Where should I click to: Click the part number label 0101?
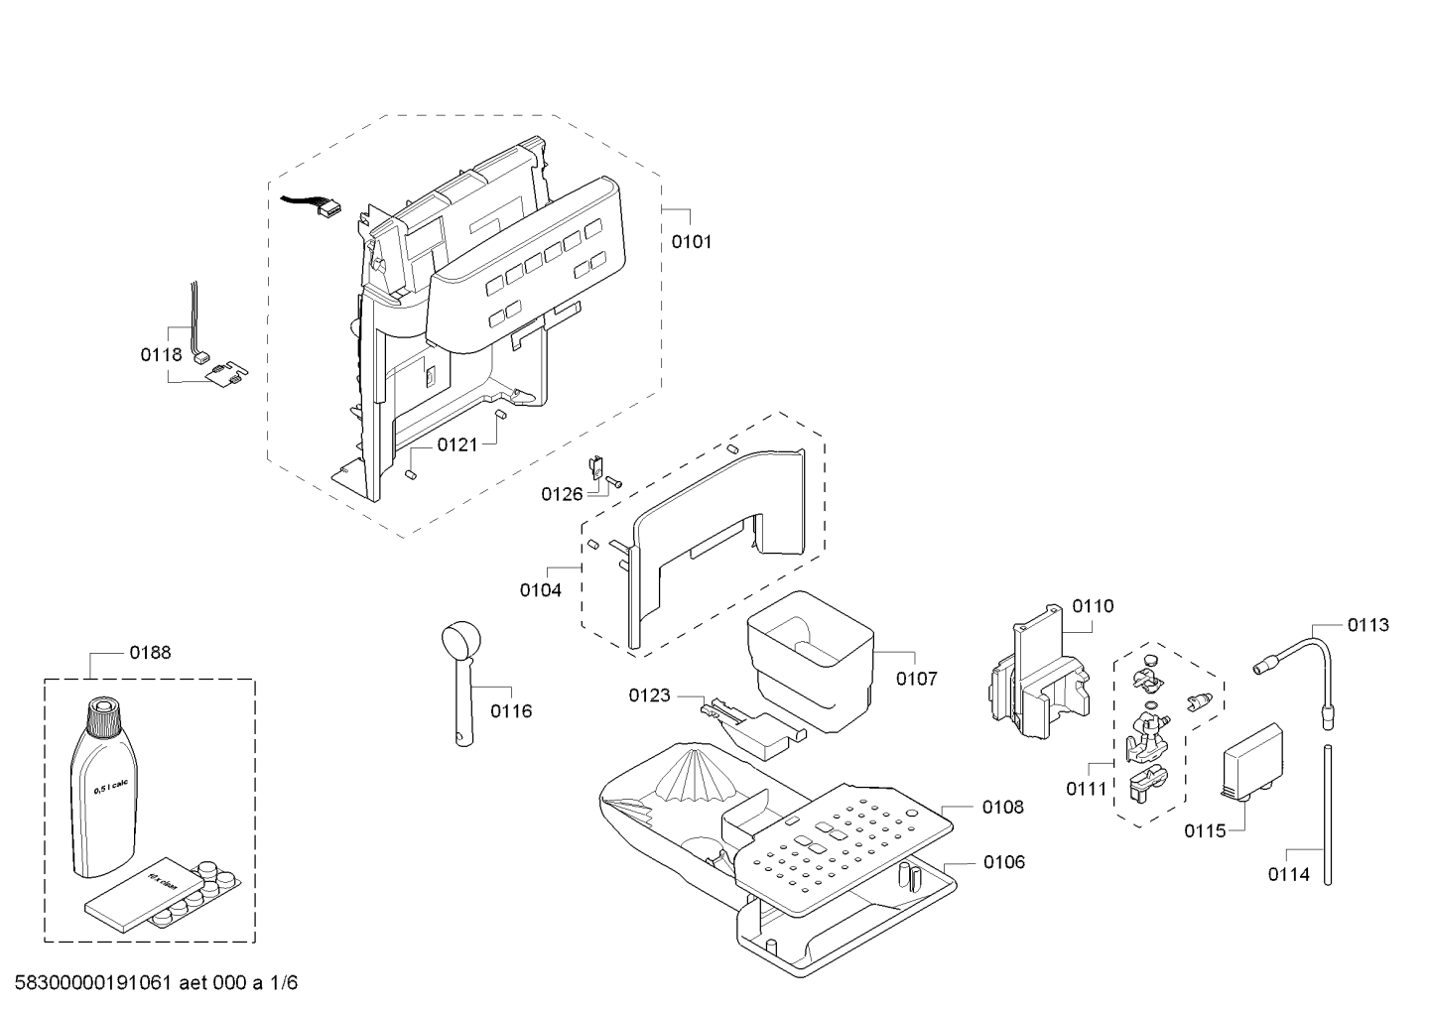(692, 242)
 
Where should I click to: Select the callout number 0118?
(161, 354)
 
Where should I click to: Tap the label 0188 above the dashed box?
(150, 653)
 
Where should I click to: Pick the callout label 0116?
(511, 711)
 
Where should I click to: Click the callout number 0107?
(917, 679)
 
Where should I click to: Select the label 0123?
(650, 695)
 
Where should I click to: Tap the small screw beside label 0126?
(614, 483)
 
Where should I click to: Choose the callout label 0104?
(541, 590)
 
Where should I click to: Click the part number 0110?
(1093, 606)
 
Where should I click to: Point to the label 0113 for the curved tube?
(1368, 625)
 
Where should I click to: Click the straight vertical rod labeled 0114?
(1328, 815)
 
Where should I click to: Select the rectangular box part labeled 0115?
(1252, 761)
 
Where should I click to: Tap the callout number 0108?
(1003, 808)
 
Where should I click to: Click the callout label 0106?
(1004, 863)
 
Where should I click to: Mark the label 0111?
(1087, 790)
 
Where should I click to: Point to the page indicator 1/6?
(283, 983)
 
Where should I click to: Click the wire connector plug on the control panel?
(329, 208)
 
